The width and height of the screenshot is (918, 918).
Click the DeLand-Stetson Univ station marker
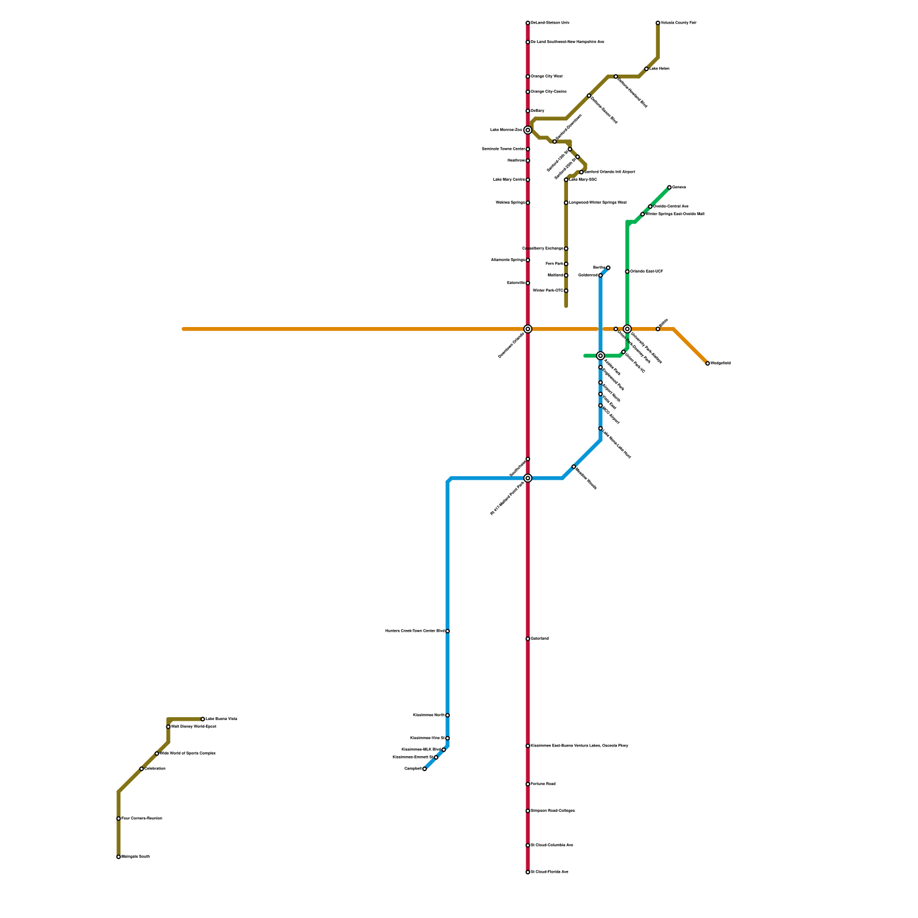(x=528, y=23)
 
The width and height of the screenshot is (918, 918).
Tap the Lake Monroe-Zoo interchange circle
(x=528, y=130)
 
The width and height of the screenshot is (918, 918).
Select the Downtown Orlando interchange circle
(x=528, y=329)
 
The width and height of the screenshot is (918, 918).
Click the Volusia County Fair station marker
(x=658, y=23)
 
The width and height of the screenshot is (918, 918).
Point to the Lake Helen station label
(x=659, y=69)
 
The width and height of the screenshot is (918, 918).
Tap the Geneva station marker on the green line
(x=670, y=187)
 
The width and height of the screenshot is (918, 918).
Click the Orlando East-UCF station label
(x=647, y=271)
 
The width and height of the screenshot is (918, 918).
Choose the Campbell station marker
(x=425, y=769)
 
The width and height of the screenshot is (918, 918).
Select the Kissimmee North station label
(x=429, y=715)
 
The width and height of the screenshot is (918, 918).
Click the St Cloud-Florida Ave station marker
(x=528, y=872)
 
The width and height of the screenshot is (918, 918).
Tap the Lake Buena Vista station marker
(x=203, y=719)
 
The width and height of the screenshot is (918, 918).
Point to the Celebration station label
(x=155, y=769)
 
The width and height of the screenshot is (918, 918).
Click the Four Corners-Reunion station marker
(x=119, y=819)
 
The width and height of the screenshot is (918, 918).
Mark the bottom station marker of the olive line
(x=119, y=857)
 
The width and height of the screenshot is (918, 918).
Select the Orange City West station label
(x=547, y=76)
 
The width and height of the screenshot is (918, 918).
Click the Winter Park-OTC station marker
(x=566, y=291)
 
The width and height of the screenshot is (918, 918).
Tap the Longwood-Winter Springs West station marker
(x=566, y=203)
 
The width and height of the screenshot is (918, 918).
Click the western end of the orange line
(x=184, y=329)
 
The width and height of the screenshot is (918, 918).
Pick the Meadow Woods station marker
(x=574, y=466)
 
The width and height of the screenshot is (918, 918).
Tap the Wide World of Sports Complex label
(x=188, y=753)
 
